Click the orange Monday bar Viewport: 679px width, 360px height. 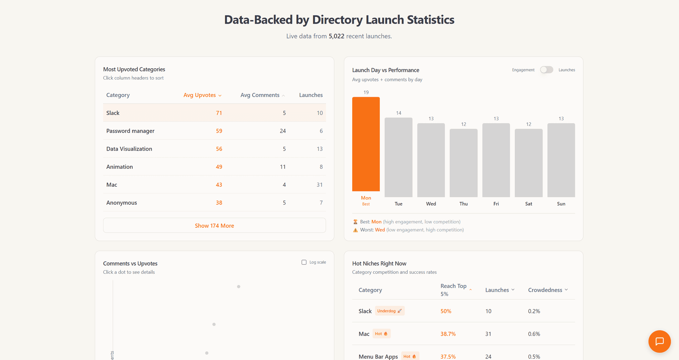366,144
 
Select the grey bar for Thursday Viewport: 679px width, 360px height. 463,163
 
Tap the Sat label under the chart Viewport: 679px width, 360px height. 528,204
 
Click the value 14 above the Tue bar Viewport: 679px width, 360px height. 399,113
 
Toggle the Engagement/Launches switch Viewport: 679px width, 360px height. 546,70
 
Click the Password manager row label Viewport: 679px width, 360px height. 130,131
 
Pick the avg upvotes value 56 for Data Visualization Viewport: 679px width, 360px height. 219,149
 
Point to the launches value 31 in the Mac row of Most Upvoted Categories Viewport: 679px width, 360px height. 319,185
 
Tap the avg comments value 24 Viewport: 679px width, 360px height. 283,131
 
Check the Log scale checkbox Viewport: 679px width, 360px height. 304,262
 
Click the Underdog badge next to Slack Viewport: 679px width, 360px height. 389,311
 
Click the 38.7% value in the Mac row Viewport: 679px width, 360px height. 448,334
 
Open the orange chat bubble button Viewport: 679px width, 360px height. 659,341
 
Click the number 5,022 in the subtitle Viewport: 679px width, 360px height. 336,36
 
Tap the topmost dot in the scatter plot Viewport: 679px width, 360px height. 239,286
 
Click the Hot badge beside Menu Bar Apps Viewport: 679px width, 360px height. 410,356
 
